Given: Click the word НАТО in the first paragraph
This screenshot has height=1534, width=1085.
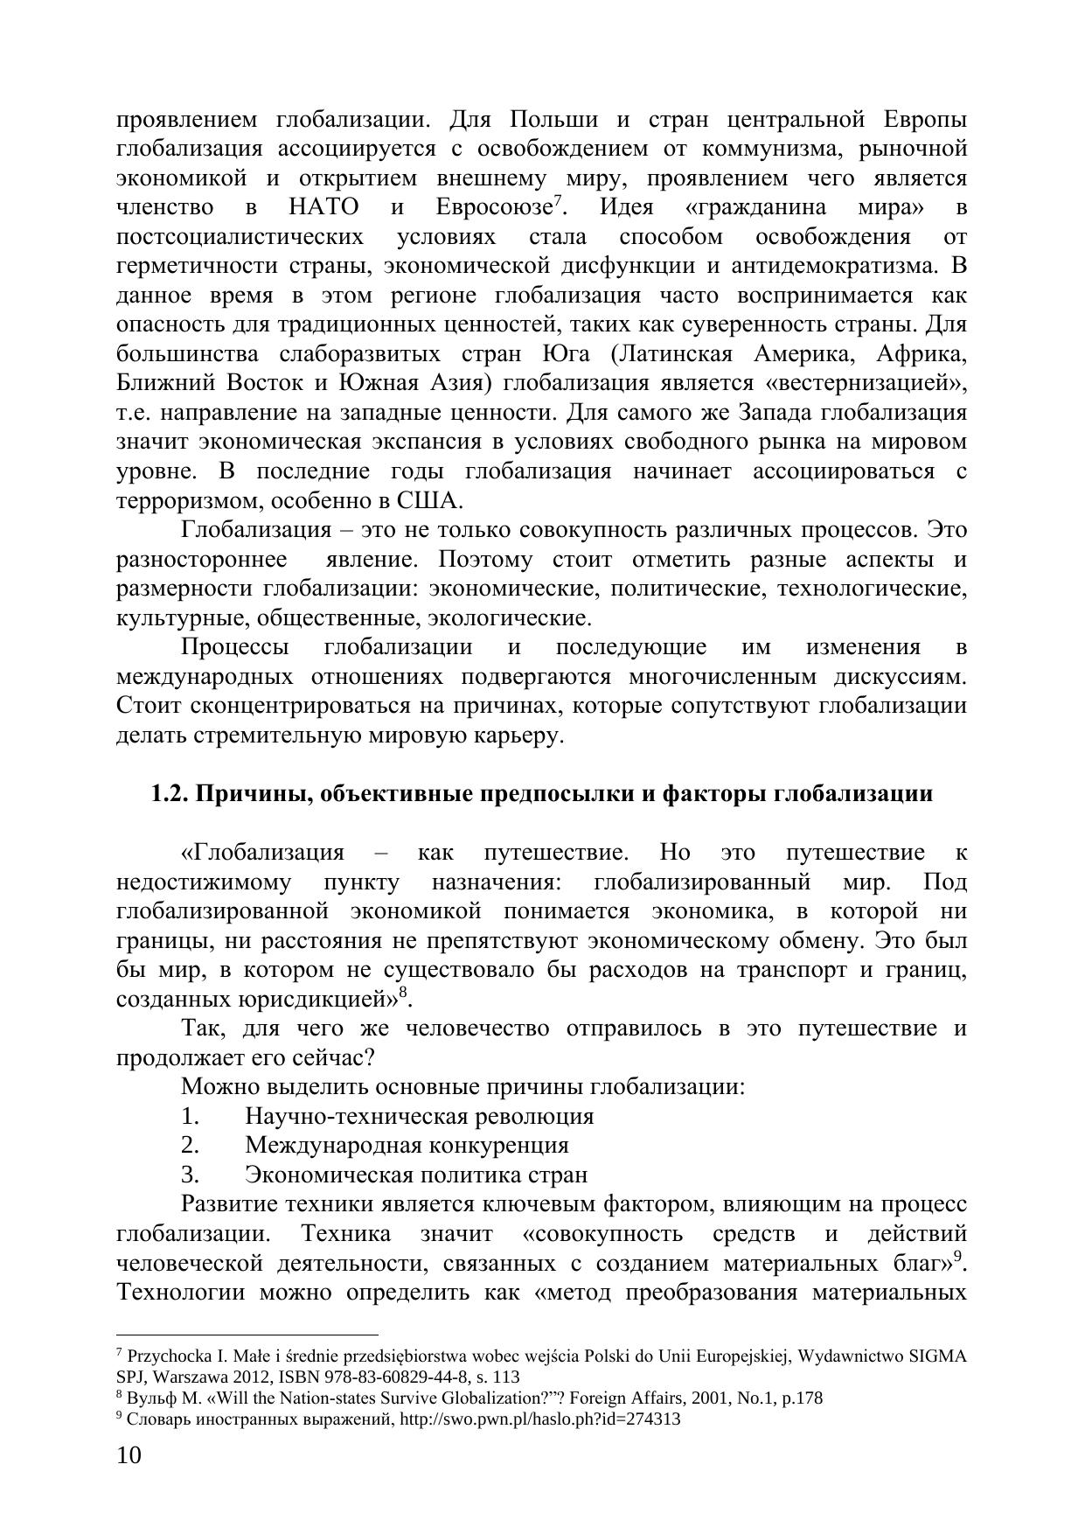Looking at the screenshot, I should [x=323, y=208].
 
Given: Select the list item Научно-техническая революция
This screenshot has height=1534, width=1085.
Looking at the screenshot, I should [x=420, y=1116].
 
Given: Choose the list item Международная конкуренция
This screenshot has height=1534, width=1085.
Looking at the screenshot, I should [x=407, y=1145].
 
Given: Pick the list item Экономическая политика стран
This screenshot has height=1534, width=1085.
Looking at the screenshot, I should [x=416, y=1175].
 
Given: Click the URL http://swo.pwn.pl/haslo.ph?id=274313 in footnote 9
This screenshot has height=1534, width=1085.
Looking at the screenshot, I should [x=539, y=1419].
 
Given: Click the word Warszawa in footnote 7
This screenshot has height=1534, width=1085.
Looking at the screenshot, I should [x=185, y=1376].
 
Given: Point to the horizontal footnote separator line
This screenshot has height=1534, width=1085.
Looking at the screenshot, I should [x=247, y=1335].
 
